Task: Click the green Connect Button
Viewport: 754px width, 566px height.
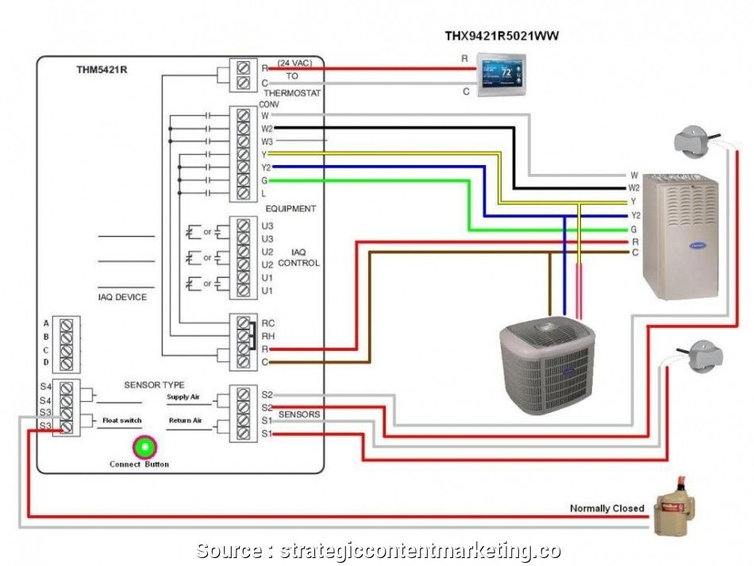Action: click(x=144, y=447)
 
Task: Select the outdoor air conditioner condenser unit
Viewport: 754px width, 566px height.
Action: click(x=547, y=365)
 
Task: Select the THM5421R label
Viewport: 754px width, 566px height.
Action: click(x=102, y=70)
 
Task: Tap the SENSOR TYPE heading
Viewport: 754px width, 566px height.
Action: click(x=154, y=385)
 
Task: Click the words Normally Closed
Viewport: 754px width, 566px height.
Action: click(x=606, y=509)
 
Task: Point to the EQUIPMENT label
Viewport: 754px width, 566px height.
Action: click(x=290, y=209)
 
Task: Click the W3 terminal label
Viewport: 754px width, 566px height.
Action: click(x=267, y=141)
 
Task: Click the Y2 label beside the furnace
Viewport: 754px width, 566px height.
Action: click(x=635, y=215)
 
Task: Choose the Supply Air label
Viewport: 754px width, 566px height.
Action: click(x=183, y=396)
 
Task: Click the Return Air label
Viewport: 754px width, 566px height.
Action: click(x=184, y=420)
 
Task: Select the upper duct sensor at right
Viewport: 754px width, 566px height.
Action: click(x=696, y=141)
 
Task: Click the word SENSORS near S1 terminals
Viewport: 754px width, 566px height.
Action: click(x=299, y=414)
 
